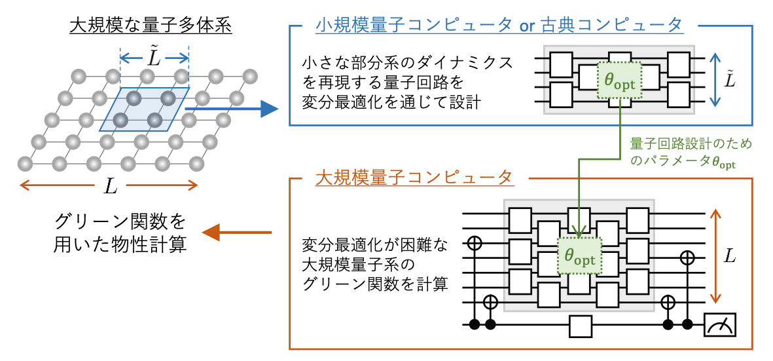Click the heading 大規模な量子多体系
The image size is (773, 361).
click(151, 26)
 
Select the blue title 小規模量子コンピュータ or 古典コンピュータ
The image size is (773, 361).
click(499, 24)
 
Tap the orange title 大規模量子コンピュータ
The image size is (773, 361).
click(414, 178)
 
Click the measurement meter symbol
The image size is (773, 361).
click(720, 325)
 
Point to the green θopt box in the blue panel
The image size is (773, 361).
click(620, 80)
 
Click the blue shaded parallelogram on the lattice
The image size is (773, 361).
click(144, 109)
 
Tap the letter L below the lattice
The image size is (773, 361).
click(109, 186)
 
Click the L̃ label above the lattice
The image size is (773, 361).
click(154, 56)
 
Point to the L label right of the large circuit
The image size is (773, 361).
click(730, 256)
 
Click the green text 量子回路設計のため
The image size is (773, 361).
click(692, 145)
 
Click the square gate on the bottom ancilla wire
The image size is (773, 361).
click(581, 326)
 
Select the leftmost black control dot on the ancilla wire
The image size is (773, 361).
click(475, 324)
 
